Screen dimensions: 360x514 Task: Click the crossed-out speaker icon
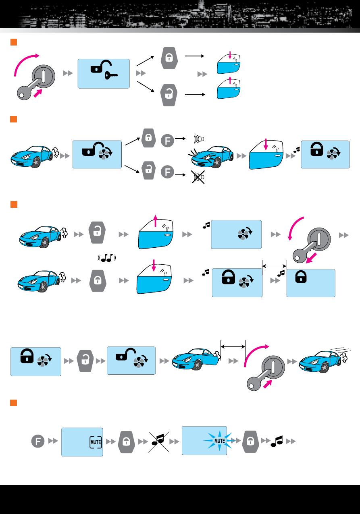[198, 177]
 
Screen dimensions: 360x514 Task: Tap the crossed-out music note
[159, 442]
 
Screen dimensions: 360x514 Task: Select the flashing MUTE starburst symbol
[219, 441]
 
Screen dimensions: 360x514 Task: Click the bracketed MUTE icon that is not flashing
[96, 442]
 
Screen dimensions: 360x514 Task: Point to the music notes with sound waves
[107, 258]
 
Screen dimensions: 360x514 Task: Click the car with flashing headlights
[211, 157]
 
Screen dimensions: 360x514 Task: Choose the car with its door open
[196, 359]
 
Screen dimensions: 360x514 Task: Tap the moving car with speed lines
[325, 360]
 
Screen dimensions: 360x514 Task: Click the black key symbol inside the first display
[111, 75]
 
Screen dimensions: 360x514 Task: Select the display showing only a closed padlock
[311, 283]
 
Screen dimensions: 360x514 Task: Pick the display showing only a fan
[236, 234]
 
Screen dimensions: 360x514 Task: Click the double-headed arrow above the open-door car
[233, 347]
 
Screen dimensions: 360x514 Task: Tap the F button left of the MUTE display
[37, 441]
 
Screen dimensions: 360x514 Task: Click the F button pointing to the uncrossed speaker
[167, 141]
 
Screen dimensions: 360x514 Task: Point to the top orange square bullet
[14, 42]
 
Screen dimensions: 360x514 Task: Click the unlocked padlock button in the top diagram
[169, 95]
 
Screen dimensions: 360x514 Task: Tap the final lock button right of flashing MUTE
[250, 441]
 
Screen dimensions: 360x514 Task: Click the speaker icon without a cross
[199, 139]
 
